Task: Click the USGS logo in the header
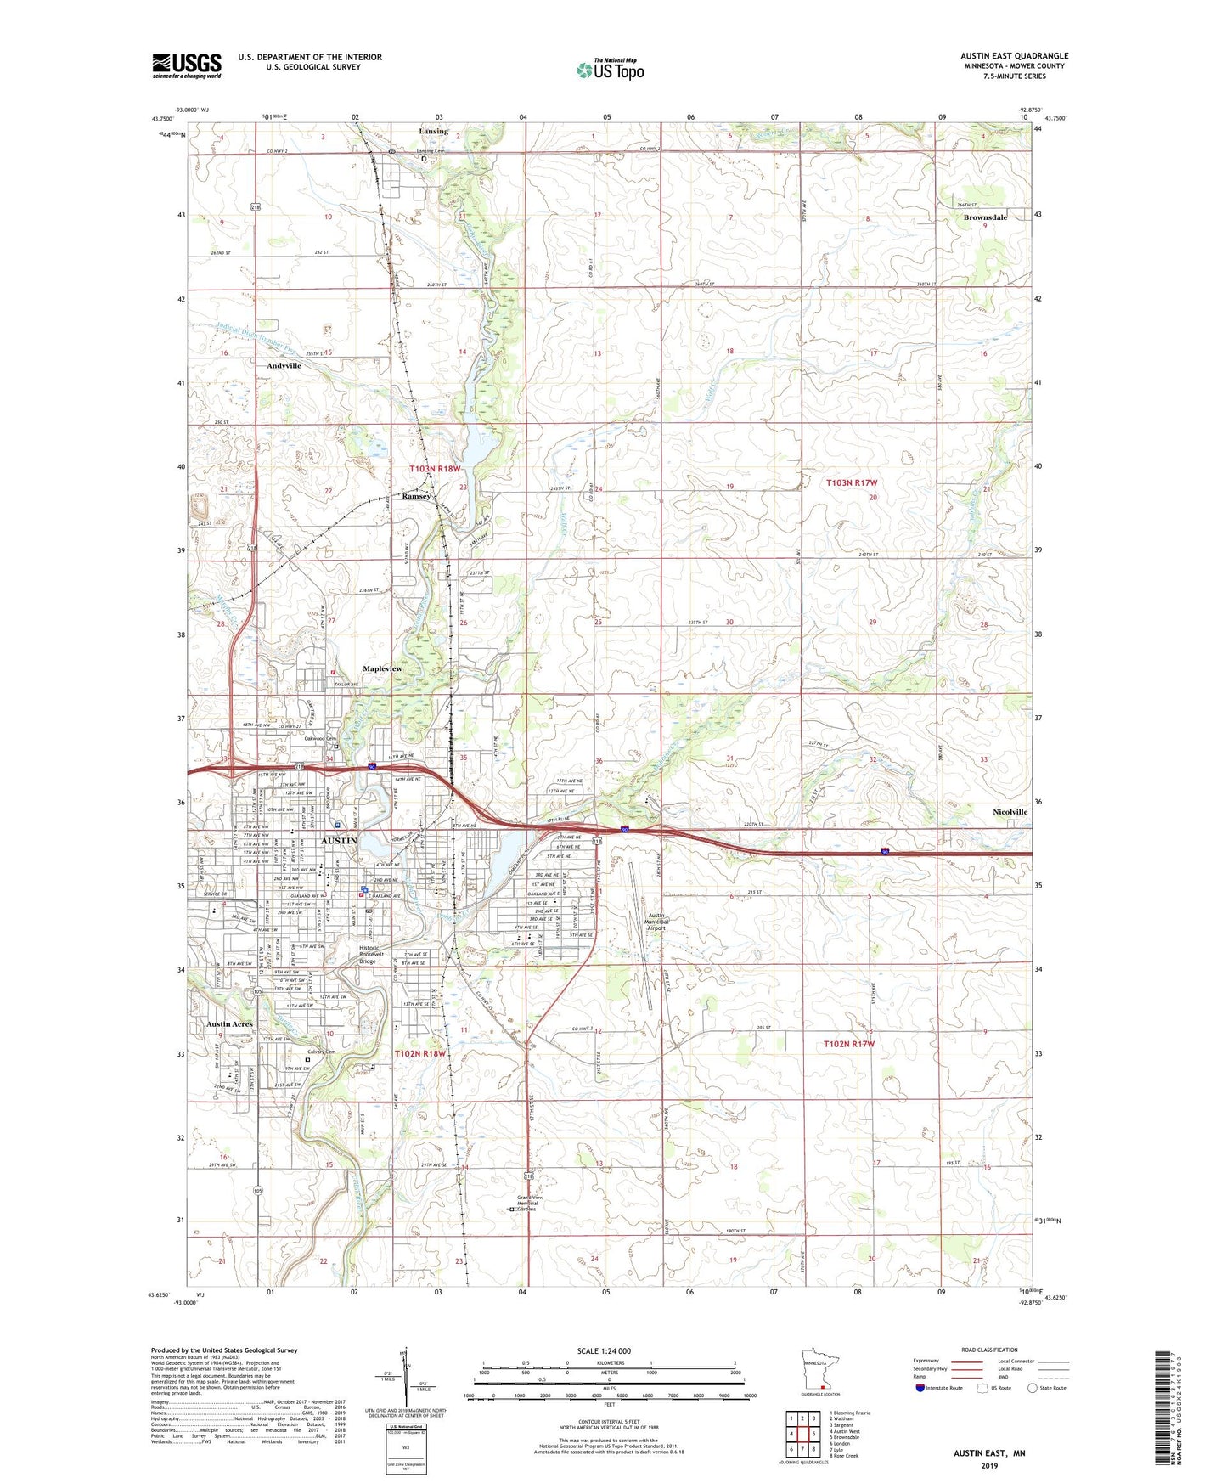click(x=187, y=65)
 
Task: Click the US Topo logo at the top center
click(x=609, y=70)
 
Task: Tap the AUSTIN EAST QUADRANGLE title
click(x=1014, y=56)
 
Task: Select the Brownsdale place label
click(x=985, y=217)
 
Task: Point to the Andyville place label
click(x=284, y=365)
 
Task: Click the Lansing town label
click(x=433, y=132)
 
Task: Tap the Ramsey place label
click(x=416, y=496)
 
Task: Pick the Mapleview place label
click(x=382, y=669)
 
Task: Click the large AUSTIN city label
click(x=339, y=840)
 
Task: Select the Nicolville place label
click(x=1010, y=812)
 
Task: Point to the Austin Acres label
click(x=229, y=1024)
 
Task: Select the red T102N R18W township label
click(x=419, y=1053)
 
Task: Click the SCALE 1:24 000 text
click(x=604, y=1350)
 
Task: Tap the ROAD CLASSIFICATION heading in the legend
click(x=989, y=1350)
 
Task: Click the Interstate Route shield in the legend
click(x=920, y=1389)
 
